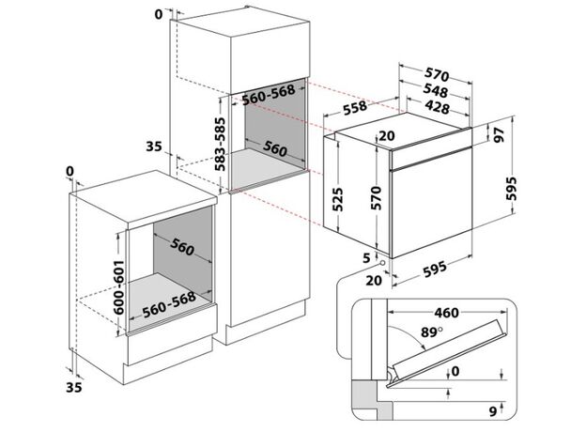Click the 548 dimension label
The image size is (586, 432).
pos(436,91)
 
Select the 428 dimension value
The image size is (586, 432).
pos(437,107)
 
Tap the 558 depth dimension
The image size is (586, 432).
pos(355,108)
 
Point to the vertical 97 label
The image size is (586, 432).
pos(500,135)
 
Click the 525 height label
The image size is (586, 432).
pos(337,199)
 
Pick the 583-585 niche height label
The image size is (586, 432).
pos(220,145)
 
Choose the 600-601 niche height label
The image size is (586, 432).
pos(118,287)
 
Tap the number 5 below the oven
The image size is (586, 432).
pos(366,258)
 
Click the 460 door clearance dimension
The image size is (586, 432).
pos(447,313)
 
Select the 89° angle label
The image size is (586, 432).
pos(431,332)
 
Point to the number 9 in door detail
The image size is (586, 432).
pos(493,411)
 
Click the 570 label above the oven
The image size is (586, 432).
pos(437,75)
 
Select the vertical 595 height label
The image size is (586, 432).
pos(511,189)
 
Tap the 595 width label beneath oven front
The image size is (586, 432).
pos(435,270)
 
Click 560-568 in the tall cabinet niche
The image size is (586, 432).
pos(269,95)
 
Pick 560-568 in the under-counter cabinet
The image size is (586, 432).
pos(169,304)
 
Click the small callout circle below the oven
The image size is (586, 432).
pos(382,263)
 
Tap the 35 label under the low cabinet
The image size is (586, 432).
pos(73,388)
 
